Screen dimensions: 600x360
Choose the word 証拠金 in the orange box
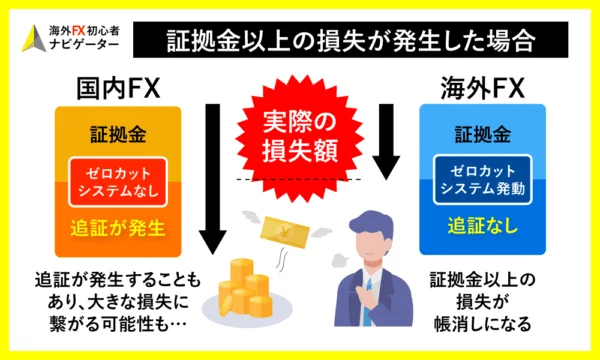click(113, 133)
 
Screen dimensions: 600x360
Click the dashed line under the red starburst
click(300, 179)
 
